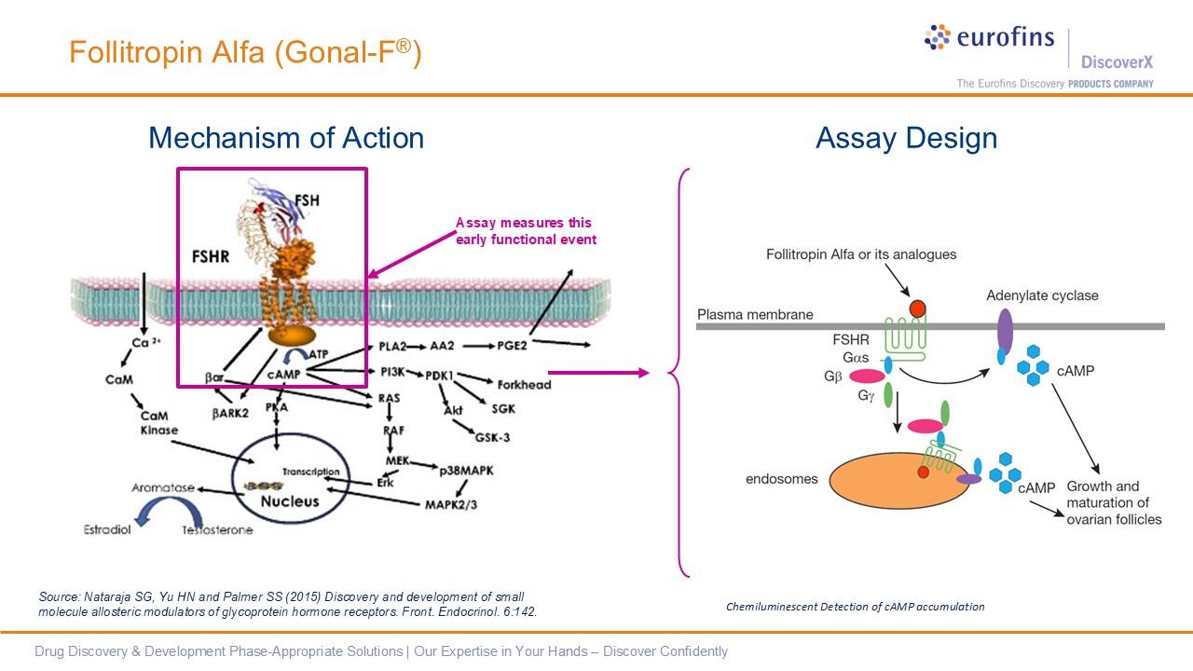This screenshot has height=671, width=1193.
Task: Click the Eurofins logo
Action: pyautogui.click(x=989, y=38)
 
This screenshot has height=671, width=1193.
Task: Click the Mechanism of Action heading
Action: pyautogui.click(x=286, y=138)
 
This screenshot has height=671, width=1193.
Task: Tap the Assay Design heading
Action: pyautogui.click(x=906, y=138)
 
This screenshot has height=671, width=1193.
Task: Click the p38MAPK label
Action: pyautogui.click(x=466, y=471)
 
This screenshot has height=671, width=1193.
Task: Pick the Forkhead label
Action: pyautogui.click(x=524, y=384)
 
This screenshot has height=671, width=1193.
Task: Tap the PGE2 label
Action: pyautogui.click(x=512, y=346)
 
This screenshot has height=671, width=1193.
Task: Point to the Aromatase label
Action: pyautogui.click(x=163, y=487)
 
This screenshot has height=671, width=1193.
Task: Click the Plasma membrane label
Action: pyautogui.click(x=755, y=314)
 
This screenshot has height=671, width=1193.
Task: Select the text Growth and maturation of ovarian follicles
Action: pyautogui.click(x=1114, y=502)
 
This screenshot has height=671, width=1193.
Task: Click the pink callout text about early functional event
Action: pyautogui.click(x=526, y=231)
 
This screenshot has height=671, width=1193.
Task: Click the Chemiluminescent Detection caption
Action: pyautogui.click(x=855, y=607)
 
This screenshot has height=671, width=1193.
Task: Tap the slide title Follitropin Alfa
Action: pyautogui.click(x=245, y=52)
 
